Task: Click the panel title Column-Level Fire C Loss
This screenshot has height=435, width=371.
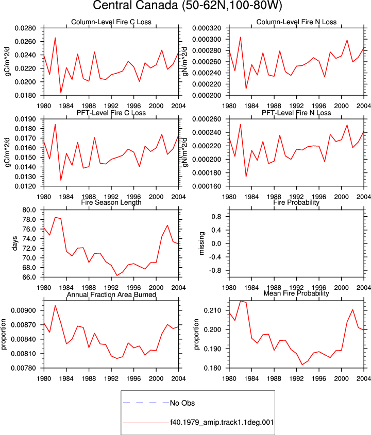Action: pos(111,22)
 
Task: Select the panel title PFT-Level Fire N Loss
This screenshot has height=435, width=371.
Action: pos(296,113)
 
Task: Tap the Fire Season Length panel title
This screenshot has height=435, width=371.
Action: pos(111,202)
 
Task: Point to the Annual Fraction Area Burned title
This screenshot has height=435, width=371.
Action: pos(111,294)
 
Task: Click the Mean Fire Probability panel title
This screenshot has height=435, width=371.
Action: pos(296,293)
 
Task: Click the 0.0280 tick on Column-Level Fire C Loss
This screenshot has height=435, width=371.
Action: pos(25,28)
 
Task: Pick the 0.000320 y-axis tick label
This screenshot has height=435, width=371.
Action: pos(207,28)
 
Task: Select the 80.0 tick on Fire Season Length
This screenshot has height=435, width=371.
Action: pos(29,210)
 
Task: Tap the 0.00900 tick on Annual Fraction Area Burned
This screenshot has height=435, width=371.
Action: pos(23,310)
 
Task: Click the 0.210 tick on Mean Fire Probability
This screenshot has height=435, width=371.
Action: pos(212,310)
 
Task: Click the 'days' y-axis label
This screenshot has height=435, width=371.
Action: pos(15,243)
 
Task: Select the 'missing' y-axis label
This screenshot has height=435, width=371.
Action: pos(202,243)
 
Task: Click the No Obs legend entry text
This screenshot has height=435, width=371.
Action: pos(182,403)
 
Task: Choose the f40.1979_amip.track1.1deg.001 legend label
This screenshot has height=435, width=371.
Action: pos(222,423)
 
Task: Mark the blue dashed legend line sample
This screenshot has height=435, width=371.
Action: pos(146,403)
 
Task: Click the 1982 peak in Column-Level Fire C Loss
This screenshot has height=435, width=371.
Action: pos(55,38)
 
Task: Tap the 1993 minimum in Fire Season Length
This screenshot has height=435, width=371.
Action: pos(117,275)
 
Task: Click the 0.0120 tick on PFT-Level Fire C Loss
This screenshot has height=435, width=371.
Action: pos(25,186)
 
